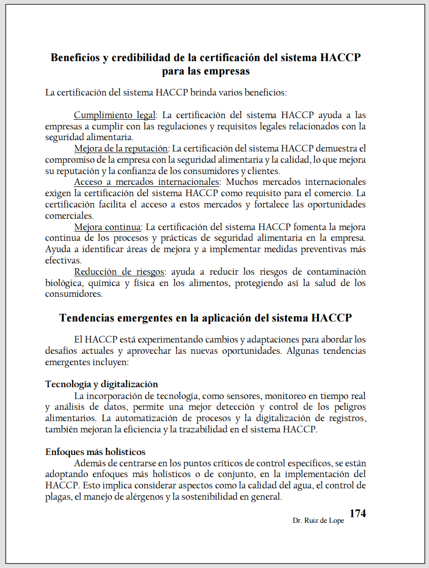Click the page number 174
coord(357,514)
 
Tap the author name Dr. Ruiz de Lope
coord(318,520)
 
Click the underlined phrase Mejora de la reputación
coord(121,149)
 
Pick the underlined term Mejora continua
coord(107,227)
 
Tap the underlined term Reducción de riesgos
coord(119,272)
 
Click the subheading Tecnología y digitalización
coord(102,384)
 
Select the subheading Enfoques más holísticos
coord(95,452)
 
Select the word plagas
coord(57,497)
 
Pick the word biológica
coord(64,283)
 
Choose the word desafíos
coord(62,351)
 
